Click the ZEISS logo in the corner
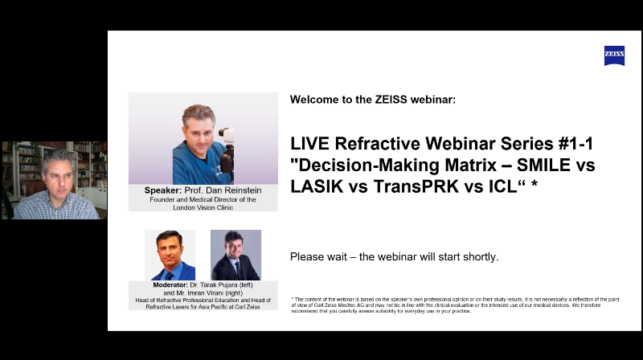(614, 55)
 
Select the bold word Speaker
(163, 190)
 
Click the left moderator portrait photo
(170, 255)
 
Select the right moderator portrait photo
(235, 255)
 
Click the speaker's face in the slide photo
(199, 132)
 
